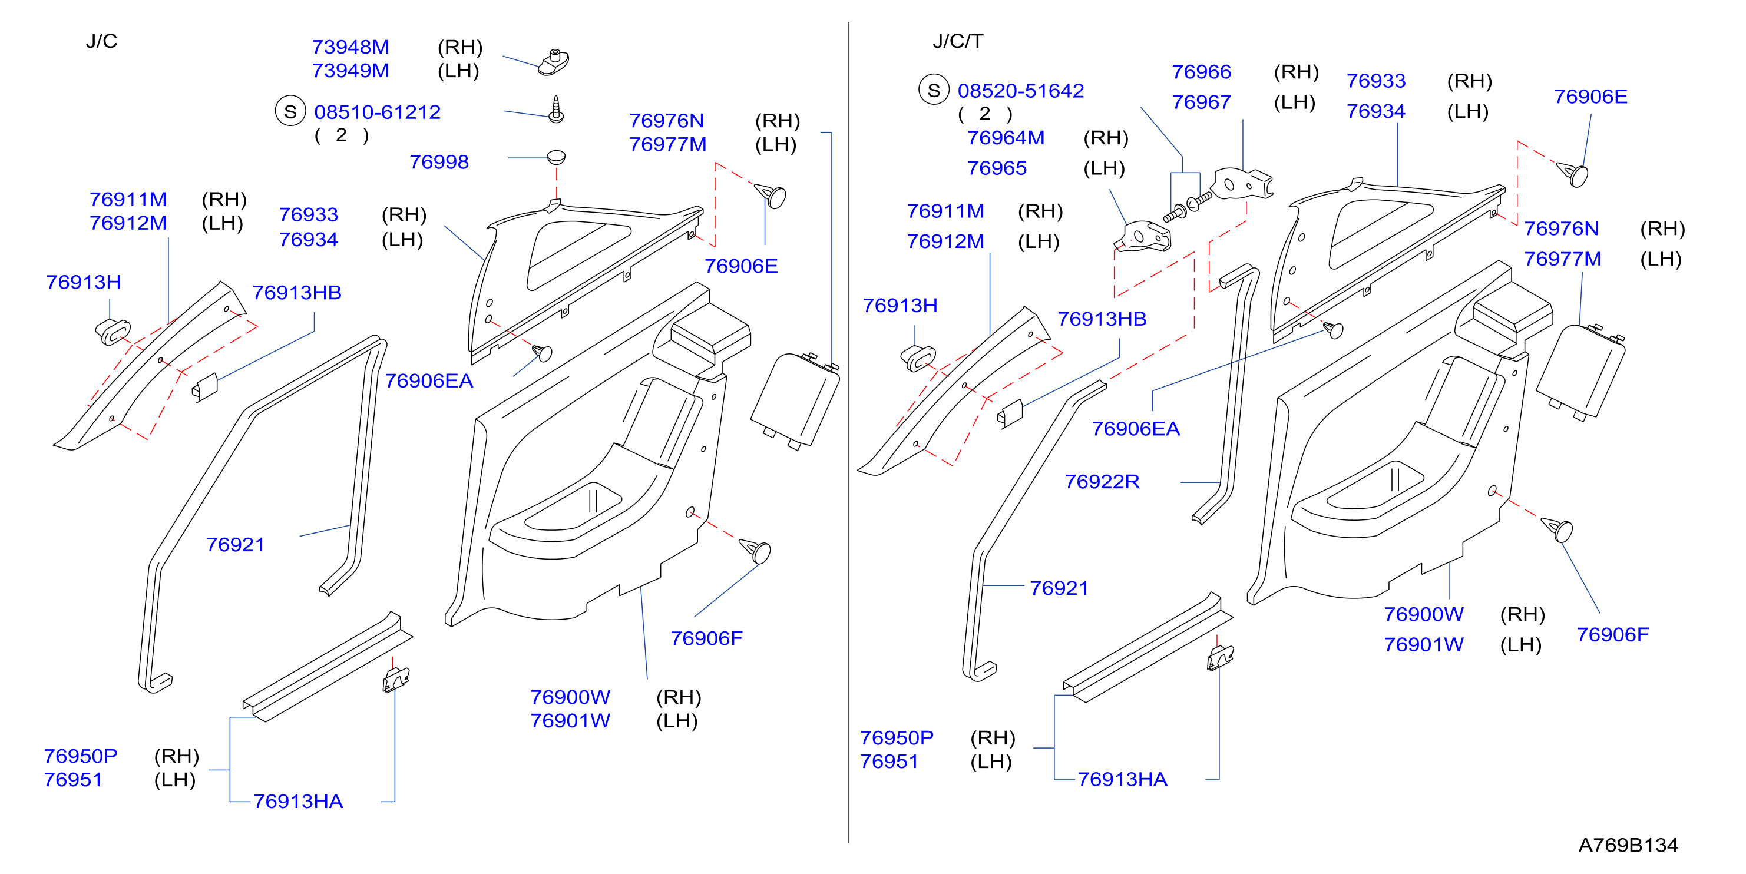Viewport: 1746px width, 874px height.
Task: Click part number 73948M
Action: pos(350,47)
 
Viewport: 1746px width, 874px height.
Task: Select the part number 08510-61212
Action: pos(378,112)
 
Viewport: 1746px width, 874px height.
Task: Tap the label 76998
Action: pos(439,162)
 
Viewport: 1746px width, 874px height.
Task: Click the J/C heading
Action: pos(102,41)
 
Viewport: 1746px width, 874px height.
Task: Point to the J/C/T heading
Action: pos(958,41)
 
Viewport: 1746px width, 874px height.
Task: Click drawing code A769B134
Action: pos(1628,845)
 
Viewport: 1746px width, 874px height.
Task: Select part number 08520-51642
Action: pos(1021,91)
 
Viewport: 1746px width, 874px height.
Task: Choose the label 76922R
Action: pos(1102,482)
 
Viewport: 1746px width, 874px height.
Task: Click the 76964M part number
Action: pos(1006,138)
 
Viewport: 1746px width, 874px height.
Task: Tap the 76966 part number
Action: pos(1202,72)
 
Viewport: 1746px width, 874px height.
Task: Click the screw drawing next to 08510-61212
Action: pos(556,109)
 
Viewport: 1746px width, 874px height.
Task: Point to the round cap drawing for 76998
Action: pos(556,157)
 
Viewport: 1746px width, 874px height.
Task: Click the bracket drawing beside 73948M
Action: pos(554,62)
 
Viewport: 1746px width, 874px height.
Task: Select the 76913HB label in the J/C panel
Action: pos(297,293)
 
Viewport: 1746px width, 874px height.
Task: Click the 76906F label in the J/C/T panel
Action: pos(1612,635)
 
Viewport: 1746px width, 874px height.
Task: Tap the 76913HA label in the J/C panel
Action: pos(298,802)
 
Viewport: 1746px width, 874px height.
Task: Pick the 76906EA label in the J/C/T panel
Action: pos(1136,429)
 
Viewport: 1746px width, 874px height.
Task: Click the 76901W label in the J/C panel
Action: pos(570,721)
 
